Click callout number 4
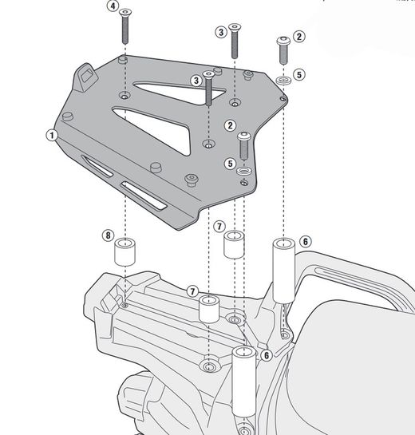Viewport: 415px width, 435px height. [x=113, y=6]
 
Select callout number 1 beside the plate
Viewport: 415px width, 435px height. [x=50, y=136]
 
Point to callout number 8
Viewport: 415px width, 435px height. [x=108, y=235]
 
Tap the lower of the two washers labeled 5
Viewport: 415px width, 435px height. [x=245, y=172]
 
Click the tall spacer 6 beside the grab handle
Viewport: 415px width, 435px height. [x=283, y=268]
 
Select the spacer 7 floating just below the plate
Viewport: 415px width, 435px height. [x=233, y=244]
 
